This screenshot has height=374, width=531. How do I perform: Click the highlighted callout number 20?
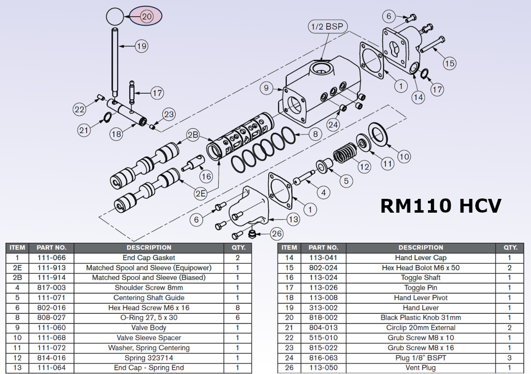146,16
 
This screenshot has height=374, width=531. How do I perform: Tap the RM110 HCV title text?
440,205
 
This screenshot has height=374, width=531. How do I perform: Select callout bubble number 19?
142,46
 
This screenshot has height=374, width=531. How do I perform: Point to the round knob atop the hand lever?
114,17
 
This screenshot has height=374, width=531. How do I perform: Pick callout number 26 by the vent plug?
277,234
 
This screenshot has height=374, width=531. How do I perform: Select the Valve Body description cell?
148,328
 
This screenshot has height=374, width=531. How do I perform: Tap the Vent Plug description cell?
421,368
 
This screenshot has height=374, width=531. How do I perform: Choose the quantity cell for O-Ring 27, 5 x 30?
238,318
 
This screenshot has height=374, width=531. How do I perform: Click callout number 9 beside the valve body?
266,88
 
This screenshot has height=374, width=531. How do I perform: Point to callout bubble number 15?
449,63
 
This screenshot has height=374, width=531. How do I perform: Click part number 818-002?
323,318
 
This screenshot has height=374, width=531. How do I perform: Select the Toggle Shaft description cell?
421,278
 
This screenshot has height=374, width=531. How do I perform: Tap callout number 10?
404,157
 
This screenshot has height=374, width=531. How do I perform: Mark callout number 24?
333,125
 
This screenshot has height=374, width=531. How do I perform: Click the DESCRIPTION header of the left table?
148,248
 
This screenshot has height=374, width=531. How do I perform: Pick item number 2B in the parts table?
17,278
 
